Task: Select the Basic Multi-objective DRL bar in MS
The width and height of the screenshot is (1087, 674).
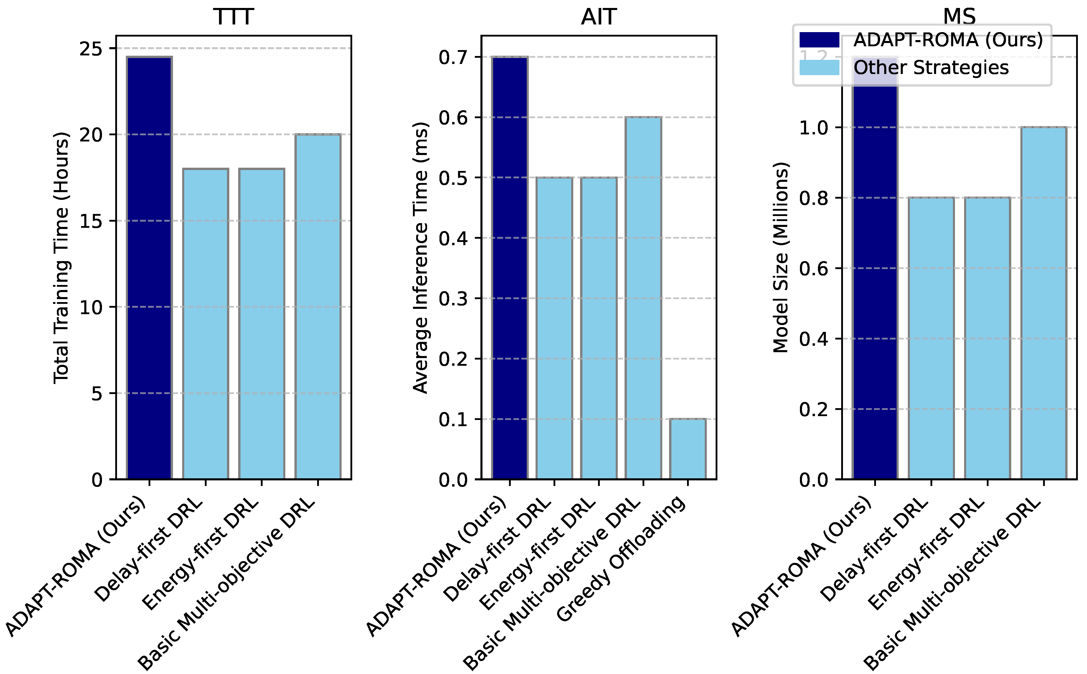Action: (x=1044, y=303)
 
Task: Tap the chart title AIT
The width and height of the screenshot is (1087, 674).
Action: (x=599, y=17)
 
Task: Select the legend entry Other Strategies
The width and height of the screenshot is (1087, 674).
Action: (x=930, y=68)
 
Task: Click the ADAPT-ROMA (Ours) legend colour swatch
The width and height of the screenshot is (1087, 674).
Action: (x=819, y=40)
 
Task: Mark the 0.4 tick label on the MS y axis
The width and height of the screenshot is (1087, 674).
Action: (x=813, y=339)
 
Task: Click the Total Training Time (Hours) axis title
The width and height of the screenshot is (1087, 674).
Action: (x=62, y=257)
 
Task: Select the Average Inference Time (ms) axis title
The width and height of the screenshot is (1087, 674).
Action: (x=420, y=257)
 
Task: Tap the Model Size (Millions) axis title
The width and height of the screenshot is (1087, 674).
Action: (x=780, y=257)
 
